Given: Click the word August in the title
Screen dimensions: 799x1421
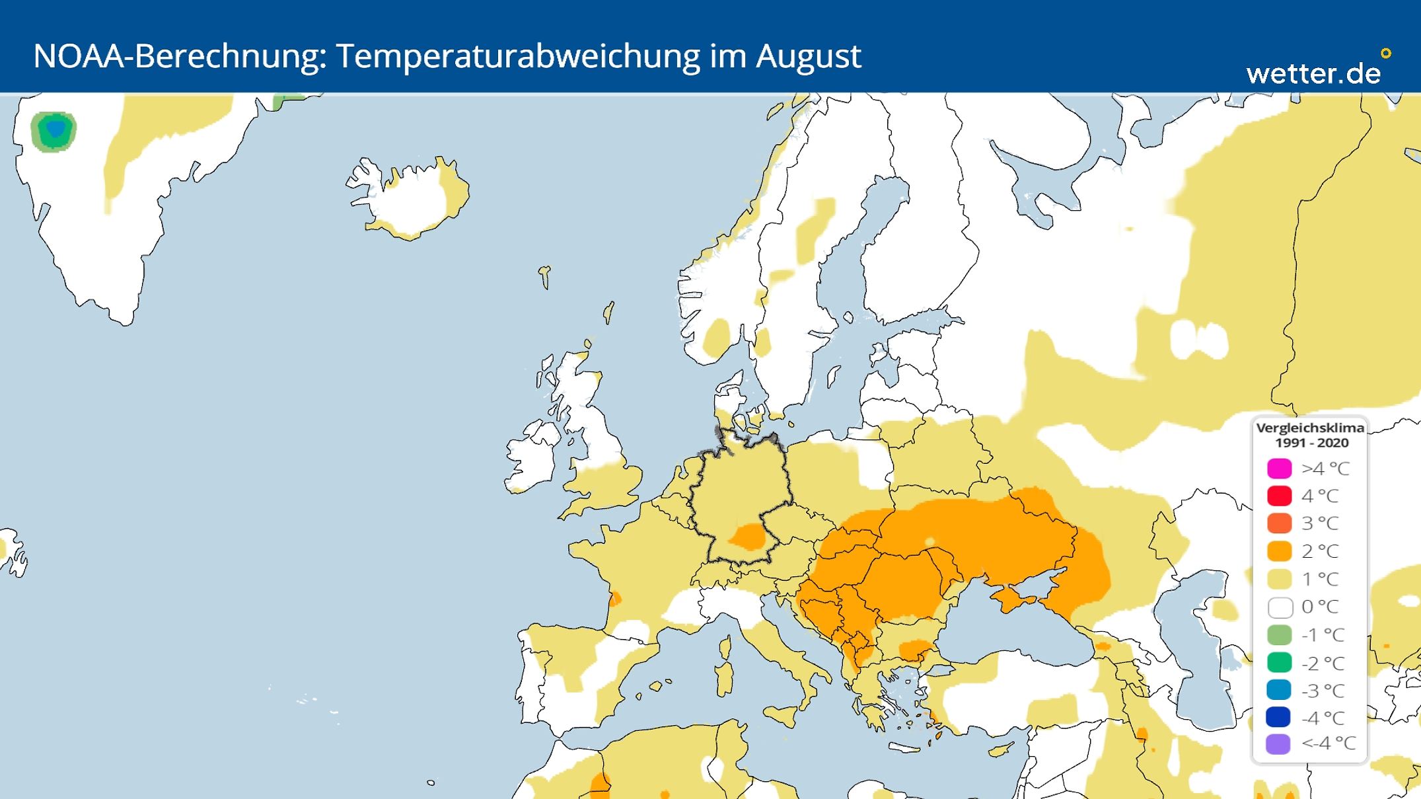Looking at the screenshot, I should [808, 57].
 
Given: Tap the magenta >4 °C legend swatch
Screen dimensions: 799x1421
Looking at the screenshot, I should [1280, 468].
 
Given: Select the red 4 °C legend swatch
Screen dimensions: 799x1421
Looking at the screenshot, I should [1280, 496].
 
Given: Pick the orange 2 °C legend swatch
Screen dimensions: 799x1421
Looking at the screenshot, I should [1280, 551].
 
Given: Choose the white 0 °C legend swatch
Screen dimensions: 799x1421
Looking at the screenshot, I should [1280, 607].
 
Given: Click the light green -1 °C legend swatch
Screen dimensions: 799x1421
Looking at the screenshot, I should [1280, 635].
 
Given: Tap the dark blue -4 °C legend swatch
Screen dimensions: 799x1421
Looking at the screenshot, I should [1280, 717].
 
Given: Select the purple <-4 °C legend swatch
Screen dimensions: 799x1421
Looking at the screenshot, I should [1280, 744].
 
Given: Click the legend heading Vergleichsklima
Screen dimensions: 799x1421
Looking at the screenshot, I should [1310, 428].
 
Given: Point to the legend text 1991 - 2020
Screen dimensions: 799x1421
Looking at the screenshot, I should [1311, 443].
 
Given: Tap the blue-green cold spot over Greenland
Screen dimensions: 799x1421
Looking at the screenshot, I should [54, 131].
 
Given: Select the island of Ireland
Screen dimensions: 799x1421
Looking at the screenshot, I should [532, 456].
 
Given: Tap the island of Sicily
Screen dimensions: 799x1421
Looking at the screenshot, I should [781, 716].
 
